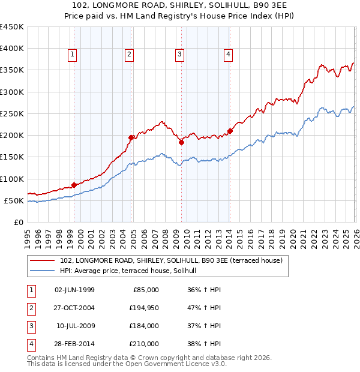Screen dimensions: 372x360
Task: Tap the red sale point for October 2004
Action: (x=131, y=137)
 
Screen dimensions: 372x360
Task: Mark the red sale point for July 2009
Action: (x=181, y=142)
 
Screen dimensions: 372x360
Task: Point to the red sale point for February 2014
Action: (x=230, y=131)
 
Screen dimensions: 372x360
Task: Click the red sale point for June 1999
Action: (x=74, y=185)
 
